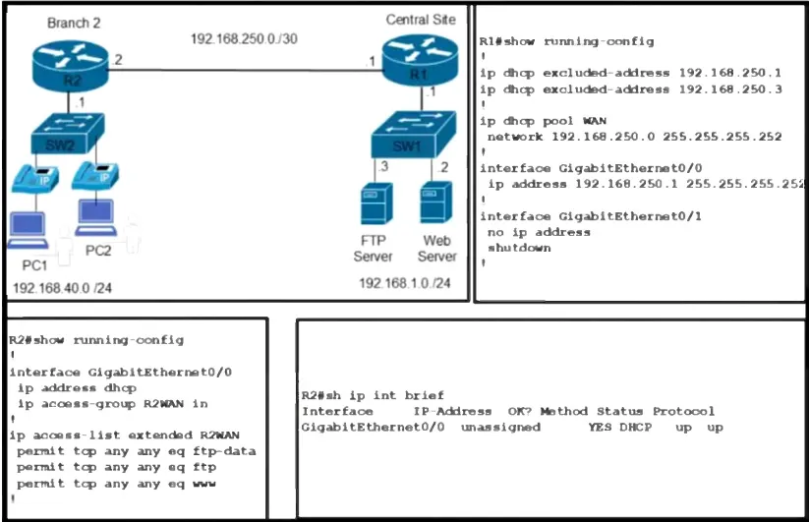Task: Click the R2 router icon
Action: tap(70, 66)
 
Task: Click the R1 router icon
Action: tap(420, 60)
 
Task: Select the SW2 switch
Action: tap(68, 134)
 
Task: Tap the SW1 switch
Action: tap(414, 134)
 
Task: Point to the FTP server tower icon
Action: tap(376, 203)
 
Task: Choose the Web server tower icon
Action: tap(436, 202)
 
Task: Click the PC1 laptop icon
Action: tap(28, 230)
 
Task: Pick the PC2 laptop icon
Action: tap(95, 217)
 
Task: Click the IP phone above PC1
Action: tap(35, 179)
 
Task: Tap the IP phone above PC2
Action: tap(95, 176)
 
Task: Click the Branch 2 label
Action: tap(74, 24)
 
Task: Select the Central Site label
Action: tap(421, 20)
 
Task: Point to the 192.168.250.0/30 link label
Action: tap(244, 38)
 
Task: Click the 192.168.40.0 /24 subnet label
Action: tap(63, 288)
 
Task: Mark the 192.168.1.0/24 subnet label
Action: tap(405, 283)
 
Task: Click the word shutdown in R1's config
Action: tap(519, 248)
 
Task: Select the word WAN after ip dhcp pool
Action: tap(595, 121)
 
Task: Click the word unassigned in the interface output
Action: tap(500, 427)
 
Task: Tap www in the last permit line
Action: tap(204, 484)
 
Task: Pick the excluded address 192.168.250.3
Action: tap(730, 89)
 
